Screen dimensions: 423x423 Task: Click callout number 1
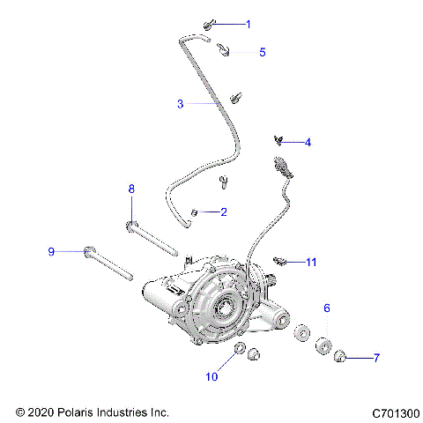248,24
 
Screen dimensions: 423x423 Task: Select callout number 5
262,53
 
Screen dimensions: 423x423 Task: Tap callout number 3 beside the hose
180,104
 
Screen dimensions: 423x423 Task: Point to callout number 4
308,142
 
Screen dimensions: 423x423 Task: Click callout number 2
224,211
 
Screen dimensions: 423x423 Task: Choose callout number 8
131,189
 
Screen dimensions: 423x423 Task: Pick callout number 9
51,252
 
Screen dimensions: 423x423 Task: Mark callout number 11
311,262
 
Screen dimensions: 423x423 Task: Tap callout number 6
327,308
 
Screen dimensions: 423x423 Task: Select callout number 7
376,358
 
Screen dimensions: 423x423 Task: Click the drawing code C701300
395,412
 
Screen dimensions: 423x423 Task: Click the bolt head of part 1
209,24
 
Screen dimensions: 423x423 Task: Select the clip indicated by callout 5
224,50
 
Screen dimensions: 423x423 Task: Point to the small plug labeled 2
196,212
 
